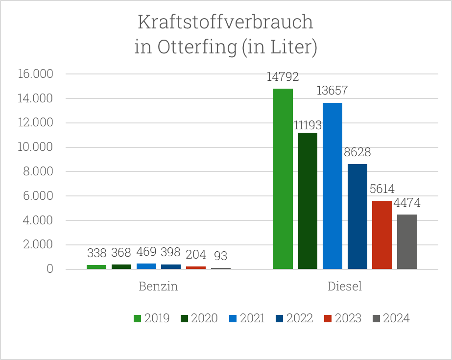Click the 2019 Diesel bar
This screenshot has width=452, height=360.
(x=283, y=179)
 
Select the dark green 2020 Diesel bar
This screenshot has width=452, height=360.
(x=308, y=201)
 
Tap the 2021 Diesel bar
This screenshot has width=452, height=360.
(x=333, y=186)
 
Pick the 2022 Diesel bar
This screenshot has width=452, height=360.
(x=357, y=216)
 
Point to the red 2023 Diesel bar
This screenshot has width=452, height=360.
(x=382, y=235)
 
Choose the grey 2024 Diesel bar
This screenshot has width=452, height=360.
(x=407, y=241)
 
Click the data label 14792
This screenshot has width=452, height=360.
(x=283, y=77)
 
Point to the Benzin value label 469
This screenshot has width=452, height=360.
(x=146, y=252)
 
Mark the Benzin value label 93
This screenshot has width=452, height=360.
(x=220, y=256)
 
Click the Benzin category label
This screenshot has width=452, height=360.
(x=158, y=287)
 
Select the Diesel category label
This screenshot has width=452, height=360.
(x=345, y=287)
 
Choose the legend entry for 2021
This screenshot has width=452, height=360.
(x=247, y=318)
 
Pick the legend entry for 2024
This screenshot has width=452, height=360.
(x=391, y=318)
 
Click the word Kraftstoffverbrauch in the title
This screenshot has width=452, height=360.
(x=225, y=23)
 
